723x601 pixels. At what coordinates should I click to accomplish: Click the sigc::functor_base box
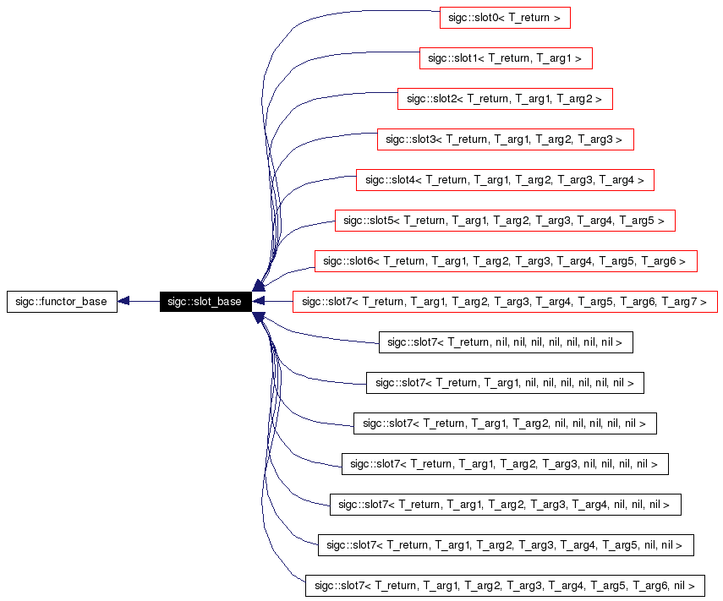(x=62, y=302)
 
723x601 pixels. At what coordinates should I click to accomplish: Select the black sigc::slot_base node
(x=205, y=302)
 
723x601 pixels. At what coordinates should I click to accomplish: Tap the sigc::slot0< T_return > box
(x=505, y=17)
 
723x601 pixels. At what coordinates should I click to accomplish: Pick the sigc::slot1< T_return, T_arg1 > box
(x=505, y=58)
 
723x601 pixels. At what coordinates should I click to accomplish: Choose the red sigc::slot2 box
(x=504, y=99)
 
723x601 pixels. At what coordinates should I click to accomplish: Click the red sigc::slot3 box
(x=504, y=139)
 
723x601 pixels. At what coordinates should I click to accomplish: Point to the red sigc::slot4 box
(x=505, y=180)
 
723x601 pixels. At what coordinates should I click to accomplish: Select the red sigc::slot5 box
(x=505, y=221)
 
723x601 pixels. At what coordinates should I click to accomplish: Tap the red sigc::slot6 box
(x=505, y=261)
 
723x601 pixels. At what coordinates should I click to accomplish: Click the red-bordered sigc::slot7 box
(x=505, y=302)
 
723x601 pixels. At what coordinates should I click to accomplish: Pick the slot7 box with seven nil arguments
(x=505, y=342)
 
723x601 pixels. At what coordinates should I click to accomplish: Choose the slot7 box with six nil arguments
(x=505, y=383)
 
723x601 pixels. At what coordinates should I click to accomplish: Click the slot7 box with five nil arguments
(x=505, y=423)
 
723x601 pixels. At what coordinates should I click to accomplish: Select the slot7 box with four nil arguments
(x=505, y=464)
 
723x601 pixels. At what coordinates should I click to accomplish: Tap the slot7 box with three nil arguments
(x=505, y=505)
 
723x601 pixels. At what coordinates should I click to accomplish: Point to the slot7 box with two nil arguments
(x=505, y=545)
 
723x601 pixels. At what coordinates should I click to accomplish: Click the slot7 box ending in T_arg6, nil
(x=505, y=586)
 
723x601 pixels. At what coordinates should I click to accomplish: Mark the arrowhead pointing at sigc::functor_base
(x=124, y=302)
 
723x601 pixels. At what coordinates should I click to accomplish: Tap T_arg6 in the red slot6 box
(x=660, y=261)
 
